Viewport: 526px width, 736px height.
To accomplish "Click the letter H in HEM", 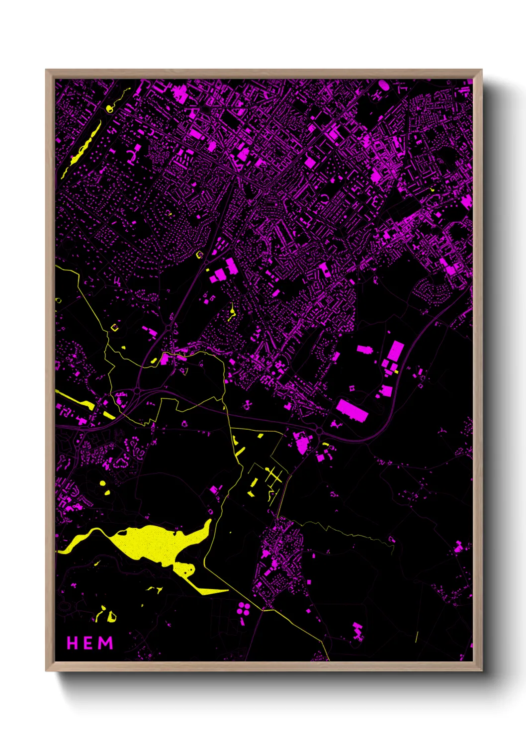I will (x=73, y=643).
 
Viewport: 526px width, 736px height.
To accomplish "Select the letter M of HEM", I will (x=105, y=643).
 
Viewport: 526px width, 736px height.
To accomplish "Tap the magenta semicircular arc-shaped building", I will (x=132, y=157).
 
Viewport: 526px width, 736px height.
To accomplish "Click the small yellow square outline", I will (x=115, y=327).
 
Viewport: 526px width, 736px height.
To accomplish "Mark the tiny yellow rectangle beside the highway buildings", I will (x=396, y=371).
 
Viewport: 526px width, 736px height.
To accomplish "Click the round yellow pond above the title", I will (x=102, y=483).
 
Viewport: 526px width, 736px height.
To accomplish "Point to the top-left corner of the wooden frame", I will (x=47, y=71).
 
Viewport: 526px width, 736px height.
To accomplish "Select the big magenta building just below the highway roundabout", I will (x=301, y=443).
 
